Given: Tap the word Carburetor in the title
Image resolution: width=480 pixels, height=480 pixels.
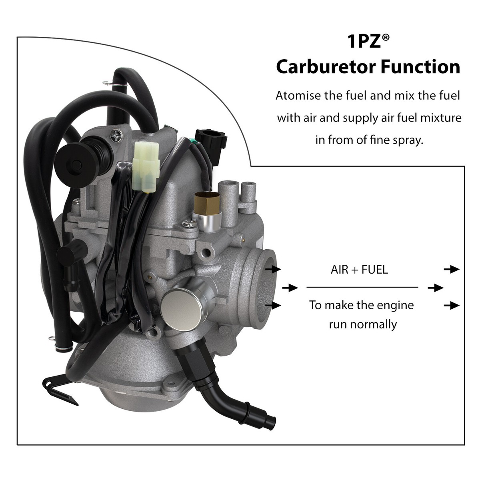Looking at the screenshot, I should click(x=325, y=67).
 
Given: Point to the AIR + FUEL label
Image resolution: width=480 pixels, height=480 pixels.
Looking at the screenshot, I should click(x=359, y=269).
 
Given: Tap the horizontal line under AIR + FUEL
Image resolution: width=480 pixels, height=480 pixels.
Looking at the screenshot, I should click(x=362, y=287).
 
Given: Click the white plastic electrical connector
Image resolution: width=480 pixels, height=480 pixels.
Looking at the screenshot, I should click(x=145, y=164).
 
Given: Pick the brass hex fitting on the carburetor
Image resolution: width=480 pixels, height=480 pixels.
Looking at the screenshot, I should click(x=203, y=204).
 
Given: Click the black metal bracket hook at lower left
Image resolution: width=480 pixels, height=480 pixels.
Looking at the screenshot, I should click(x=60, y=384).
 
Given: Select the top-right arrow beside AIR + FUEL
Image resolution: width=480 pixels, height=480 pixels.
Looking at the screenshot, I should click(x=452, y=269).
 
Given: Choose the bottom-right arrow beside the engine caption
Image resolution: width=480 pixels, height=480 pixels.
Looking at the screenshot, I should click(x=452, y=306).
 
